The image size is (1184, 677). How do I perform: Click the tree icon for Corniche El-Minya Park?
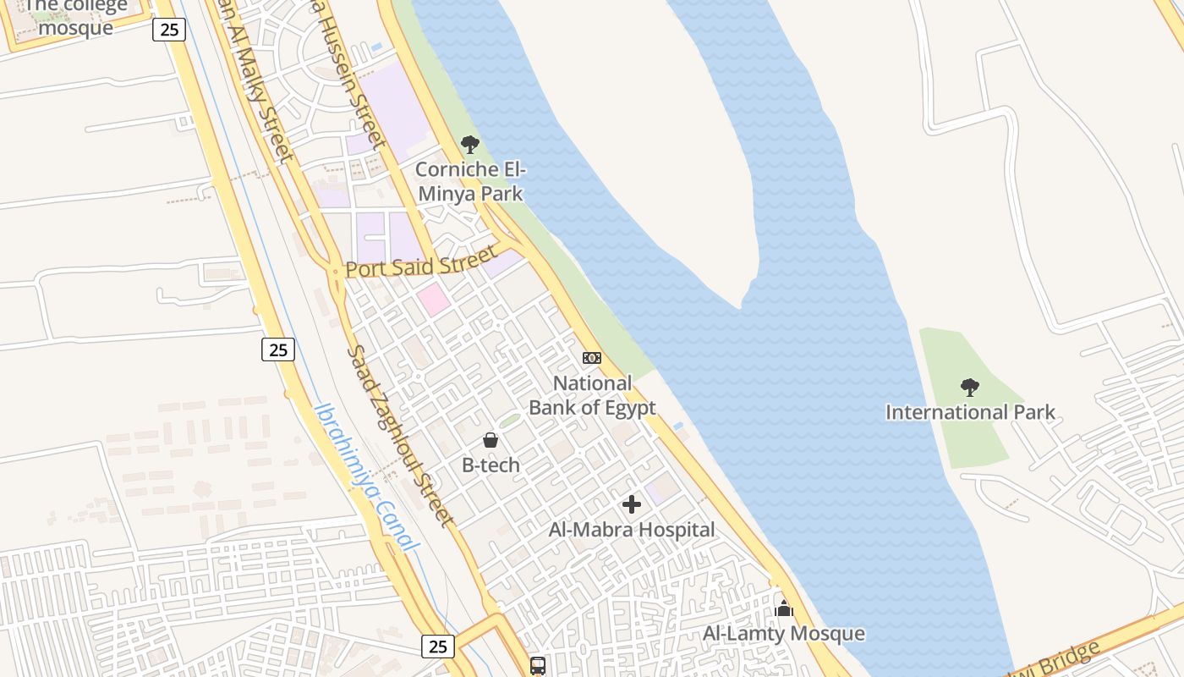(x=470, y=145)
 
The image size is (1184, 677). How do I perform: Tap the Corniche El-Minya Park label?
(x=470, y=181)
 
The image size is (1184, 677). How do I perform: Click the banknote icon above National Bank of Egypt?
(x=592, y=358)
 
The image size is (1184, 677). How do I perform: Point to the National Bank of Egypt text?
(x=592, y=395)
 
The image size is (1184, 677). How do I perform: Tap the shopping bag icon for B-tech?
(x=491, y=440)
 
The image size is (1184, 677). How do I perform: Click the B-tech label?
(x=491, y=465)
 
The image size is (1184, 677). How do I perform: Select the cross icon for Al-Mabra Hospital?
(x=632, y=504)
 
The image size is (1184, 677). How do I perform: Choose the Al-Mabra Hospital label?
(x=632, y=530)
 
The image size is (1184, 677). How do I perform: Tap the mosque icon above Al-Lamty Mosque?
(x=784, y=608)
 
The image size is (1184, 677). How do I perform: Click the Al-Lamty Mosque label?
(x=784, y=633)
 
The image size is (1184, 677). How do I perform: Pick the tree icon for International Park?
(x=970, y=388)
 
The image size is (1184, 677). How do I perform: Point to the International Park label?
(x=970, y=412)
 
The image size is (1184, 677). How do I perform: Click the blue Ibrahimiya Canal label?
(x=367, y=476)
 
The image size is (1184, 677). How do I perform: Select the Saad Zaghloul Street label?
(x=400, y=435)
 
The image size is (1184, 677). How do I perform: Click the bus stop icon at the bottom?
(x=538, y=666)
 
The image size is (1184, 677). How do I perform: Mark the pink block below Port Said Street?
(x=433, y=300)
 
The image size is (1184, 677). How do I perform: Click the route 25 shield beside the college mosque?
(x=169, y=30)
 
